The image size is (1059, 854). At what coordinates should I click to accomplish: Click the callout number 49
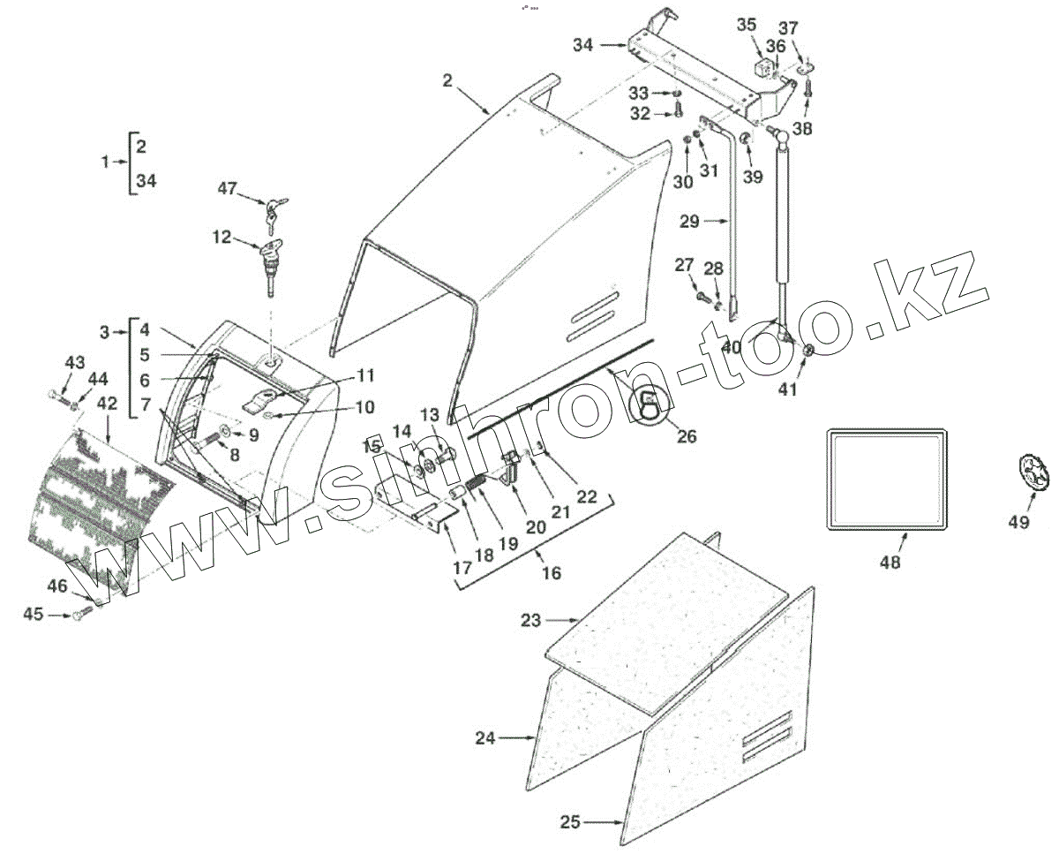click(x=1018, y=522)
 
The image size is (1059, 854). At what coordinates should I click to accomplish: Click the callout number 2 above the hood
click(x=447, y=80)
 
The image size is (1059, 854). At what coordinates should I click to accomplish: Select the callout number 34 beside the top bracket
click(x=582, y=45)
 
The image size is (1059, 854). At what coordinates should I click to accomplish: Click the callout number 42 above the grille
click(x=107, y=403)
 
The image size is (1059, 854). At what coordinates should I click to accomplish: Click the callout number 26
click(x=686, y=435)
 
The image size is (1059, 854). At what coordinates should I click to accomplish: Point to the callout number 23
click(x=530, y=621)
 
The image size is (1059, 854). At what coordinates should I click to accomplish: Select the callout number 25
click(x=570, y=822)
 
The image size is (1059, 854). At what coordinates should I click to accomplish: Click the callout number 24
click(x=485, y=738)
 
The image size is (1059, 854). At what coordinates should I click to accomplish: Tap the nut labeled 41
click(x=807, y=351)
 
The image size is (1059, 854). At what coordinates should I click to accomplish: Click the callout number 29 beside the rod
click(x=689, y=222)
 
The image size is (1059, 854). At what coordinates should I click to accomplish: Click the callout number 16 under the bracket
click(x=551, y=573)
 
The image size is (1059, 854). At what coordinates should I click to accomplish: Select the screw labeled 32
click(x=678, y=110)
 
